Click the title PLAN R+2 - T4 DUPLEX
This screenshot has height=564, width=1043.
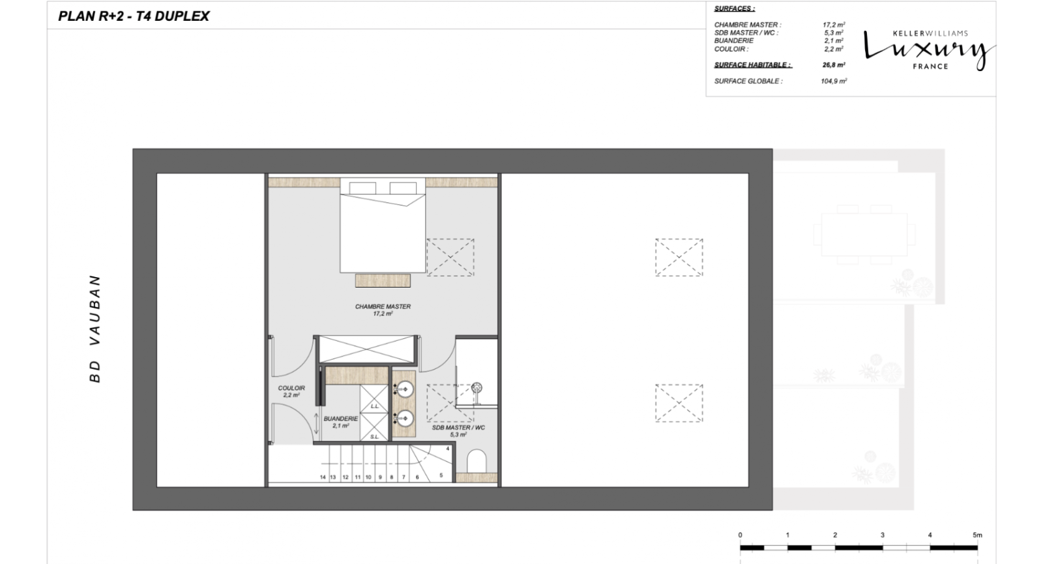pyautogui.click(x=134, y=16)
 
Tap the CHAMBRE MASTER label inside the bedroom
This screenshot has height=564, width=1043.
pyautogui.click(x=383, y=306)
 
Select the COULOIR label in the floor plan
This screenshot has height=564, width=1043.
pyautogui.click(x=291, y=388)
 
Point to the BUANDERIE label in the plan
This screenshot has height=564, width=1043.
pyautogui.click(x=341, y=419)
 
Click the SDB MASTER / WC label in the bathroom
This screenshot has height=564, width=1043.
pyautogui.click(x=458, y=428)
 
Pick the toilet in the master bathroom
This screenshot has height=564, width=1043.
pyautogui.click(x=476, y=460)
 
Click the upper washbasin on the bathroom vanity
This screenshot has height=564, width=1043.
pyautogui.click(x=405, y=389)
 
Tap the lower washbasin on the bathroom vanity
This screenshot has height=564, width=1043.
pyautogui.click(x=405, y=419)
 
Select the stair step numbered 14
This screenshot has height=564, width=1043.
pyautogui.click(x=323, y=477)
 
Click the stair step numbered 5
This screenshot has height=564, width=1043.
pyautogui.click(x=441, y=475)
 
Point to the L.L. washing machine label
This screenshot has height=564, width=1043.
pyautogui.click(x=374, y=406)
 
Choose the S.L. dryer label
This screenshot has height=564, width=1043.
pyautogui.click(x=374, y=437)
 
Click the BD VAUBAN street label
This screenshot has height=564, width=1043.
pyautogui.click(x=95, y=329)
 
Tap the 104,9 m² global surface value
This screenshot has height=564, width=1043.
pyautogui.click(x=834, y=81)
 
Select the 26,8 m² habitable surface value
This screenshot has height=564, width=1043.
pyautogui.click(x=834, y=65)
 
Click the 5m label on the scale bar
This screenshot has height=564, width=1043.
pyautogui.click(x=977, y=535)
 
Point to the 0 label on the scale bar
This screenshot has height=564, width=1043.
pyautogui.click(x=741, y=535)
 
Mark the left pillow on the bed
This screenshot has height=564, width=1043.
pyautogui.click(x=362, y=188)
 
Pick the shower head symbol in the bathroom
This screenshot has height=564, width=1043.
pyautogui.click(x=477, y=387)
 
